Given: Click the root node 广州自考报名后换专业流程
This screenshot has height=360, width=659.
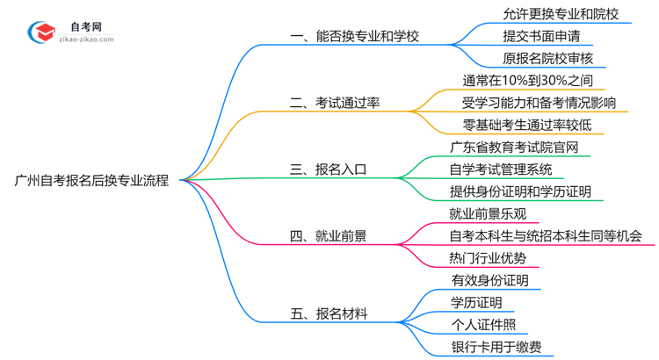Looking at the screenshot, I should [92, 180].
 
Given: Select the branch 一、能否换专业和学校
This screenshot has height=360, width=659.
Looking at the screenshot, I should [354, 37].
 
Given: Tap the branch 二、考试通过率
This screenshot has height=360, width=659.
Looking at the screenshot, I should [335, 103].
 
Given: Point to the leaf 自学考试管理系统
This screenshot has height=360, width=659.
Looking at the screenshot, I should [501, 169].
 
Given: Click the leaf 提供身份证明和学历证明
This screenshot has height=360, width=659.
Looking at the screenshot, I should [519, 191].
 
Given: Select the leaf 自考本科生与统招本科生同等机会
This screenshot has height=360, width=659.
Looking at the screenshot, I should [545, 235].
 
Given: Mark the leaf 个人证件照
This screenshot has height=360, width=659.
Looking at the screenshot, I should [483, 324].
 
